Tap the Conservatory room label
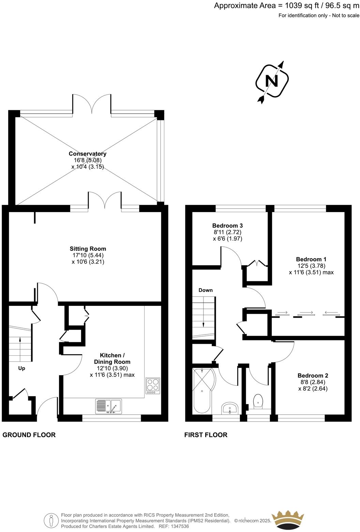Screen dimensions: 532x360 click(88, 154)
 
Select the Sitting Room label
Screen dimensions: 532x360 click(88, 249)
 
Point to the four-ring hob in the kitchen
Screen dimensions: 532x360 click(153, 386)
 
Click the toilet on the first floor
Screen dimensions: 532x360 click(258, 401)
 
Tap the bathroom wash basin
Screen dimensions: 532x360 click(230, 408)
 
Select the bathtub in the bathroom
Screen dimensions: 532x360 click(202, 390)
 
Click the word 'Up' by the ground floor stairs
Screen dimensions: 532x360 click(21, 368)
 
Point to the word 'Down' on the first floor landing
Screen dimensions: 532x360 click(206, 290)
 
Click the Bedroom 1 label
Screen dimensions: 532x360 click(311, 259)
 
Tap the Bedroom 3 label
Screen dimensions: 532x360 click(227, 226)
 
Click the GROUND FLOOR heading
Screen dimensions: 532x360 click(29, 435)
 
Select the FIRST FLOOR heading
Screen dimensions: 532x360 click(206, 435)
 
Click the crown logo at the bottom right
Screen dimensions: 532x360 click(287, 520)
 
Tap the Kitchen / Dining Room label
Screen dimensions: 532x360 click(112, 358)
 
